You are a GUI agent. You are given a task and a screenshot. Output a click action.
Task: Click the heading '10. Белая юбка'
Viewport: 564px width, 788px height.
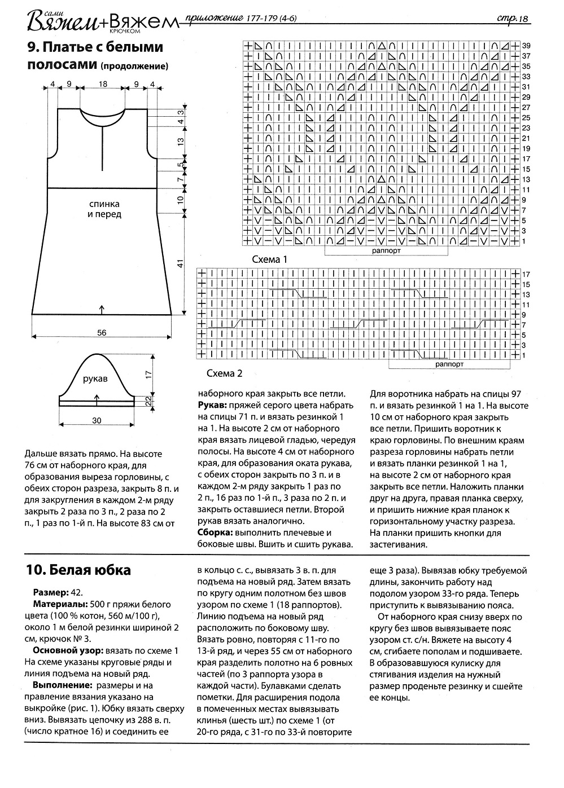click(x=78, y=570)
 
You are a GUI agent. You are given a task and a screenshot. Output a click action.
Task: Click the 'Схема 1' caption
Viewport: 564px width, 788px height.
click(x=269, y=260)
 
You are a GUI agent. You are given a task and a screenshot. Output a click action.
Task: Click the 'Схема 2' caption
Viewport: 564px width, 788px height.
click(x=224, y=373)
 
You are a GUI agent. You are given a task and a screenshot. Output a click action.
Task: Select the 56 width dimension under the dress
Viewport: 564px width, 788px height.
click(x=102, y=333)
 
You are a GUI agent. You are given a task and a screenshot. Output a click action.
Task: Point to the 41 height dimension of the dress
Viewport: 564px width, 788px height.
click(x=180, y=263)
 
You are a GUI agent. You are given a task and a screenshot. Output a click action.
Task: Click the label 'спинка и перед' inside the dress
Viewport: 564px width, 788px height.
click(x=104, y=209)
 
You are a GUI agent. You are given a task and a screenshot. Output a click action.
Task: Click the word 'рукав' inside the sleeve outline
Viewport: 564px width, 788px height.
click(x=95, y=378)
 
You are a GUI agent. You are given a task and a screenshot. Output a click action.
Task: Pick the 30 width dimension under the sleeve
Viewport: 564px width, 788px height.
click(x=96, y=420)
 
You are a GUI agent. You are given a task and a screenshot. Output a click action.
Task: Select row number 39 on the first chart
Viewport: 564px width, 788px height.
click(x=526, y=45)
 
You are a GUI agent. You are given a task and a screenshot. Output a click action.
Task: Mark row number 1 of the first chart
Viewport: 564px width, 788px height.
click(x=524, y=241)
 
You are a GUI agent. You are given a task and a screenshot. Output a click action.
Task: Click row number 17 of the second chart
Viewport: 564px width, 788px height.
click(x=526, y=274)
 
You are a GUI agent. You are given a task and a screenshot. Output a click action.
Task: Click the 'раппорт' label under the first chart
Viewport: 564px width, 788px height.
click(x=387, y=250)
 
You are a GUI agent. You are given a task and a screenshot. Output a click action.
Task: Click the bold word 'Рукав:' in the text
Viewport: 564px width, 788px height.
click(x=213, y=405)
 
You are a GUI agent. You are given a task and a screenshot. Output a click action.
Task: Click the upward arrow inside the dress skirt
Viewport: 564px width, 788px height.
click(x=102, y=309)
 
